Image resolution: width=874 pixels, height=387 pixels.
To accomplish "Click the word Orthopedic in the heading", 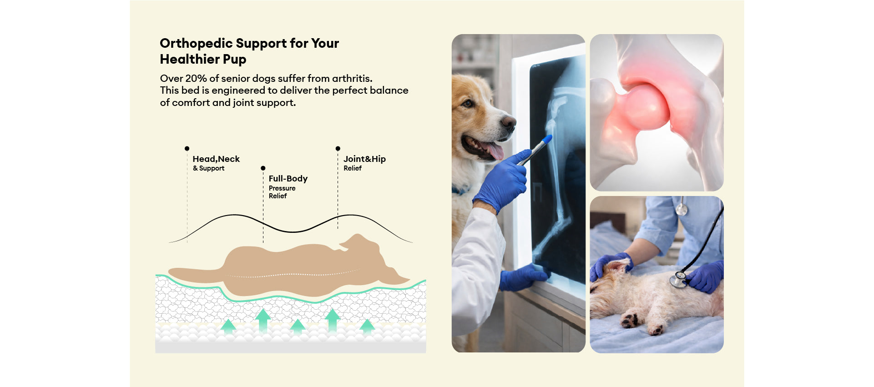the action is pyautogui.click(x=196, y=44).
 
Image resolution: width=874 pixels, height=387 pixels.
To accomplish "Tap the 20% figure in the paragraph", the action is pyautogui.click(x=196, y=78).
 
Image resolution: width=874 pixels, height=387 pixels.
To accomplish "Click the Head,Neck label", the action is pyautogui.click(x=216, y=159).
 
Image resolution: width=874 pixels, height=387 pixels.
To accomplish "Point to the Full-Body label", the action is pyautogui.click(x=288, y=178).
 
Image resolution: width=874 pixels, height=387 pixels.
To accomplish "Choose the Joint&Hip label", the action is pyautogui.click(x=364, y=159).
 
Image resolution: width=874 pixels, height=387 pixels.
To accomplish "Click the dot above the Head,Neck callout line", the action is pyautogui.click(x=187, y=149).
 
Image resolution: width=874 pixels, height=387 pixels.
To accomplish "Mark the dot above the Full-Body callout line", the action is pyautogui.click(x=263, y=168).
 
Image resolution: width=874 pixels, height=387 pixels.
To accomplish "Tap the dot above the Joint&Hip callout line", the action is pyautogui.click(x=338, y=149).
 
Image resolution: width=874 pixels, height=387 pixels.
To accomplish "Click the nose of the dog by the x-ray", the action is pyautogui.click(x=508, y=122).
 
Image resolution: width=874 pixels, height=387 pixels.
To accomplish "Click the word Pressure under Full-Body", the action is pyautogui.click(x=282, y=188).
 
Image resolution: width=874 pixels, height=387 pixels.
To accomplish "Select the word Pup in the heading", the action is pyautogui.click(x=234, y=60).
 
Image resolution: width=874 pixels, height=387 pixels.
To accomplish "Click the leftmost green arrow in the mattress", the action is pyautogui.click(x=228, y=327).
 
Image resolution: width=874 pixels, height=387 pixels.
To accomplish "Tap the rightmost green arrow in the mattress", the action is pyautogui.click(x=367, y=327).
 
